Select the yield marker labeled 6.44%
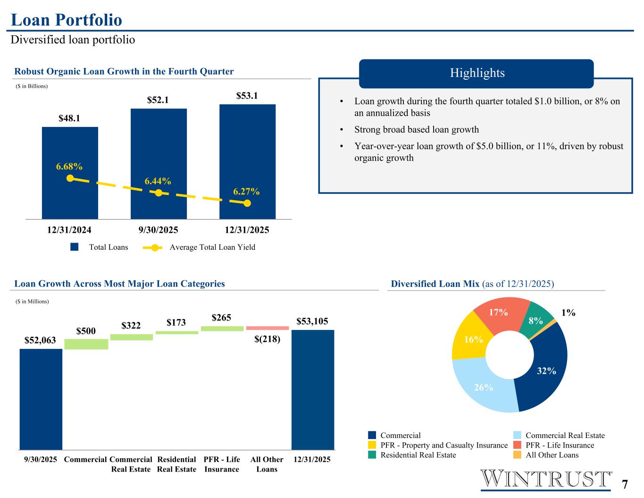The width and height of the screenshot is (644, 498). (x=159, y=193)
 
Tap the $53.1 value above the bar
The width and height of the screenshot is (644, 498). (x=247, y=96)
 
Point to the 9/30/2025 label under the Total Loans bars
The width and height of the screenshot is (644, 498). (x=158, y=230)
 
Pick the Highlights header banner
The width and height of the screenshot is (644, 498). (x=476, y=73)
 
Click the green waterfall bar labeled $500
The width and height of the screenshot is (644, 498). (x=86, y=344)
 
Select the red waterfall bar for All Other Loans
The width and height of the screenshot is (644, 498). (x=268, y=328)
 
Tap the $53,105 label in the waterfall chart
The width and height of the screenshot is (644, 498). (x=312, y=321)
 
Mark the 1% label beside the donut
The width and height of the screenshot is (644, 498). (x=569, y=312)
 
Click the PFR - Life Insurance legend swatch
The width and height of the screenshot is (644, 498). (x=517, y=445)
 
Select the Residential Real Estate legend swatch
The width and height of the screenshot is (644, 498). (x=372, y=455)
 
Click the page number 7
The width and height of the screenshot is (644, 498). (x=625, y=485)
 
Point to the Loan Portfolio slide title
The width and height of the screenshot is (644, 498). (x=67, y=20)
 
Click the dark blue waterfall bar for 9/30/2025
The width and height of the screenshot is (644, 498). (x=41, y=399)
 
